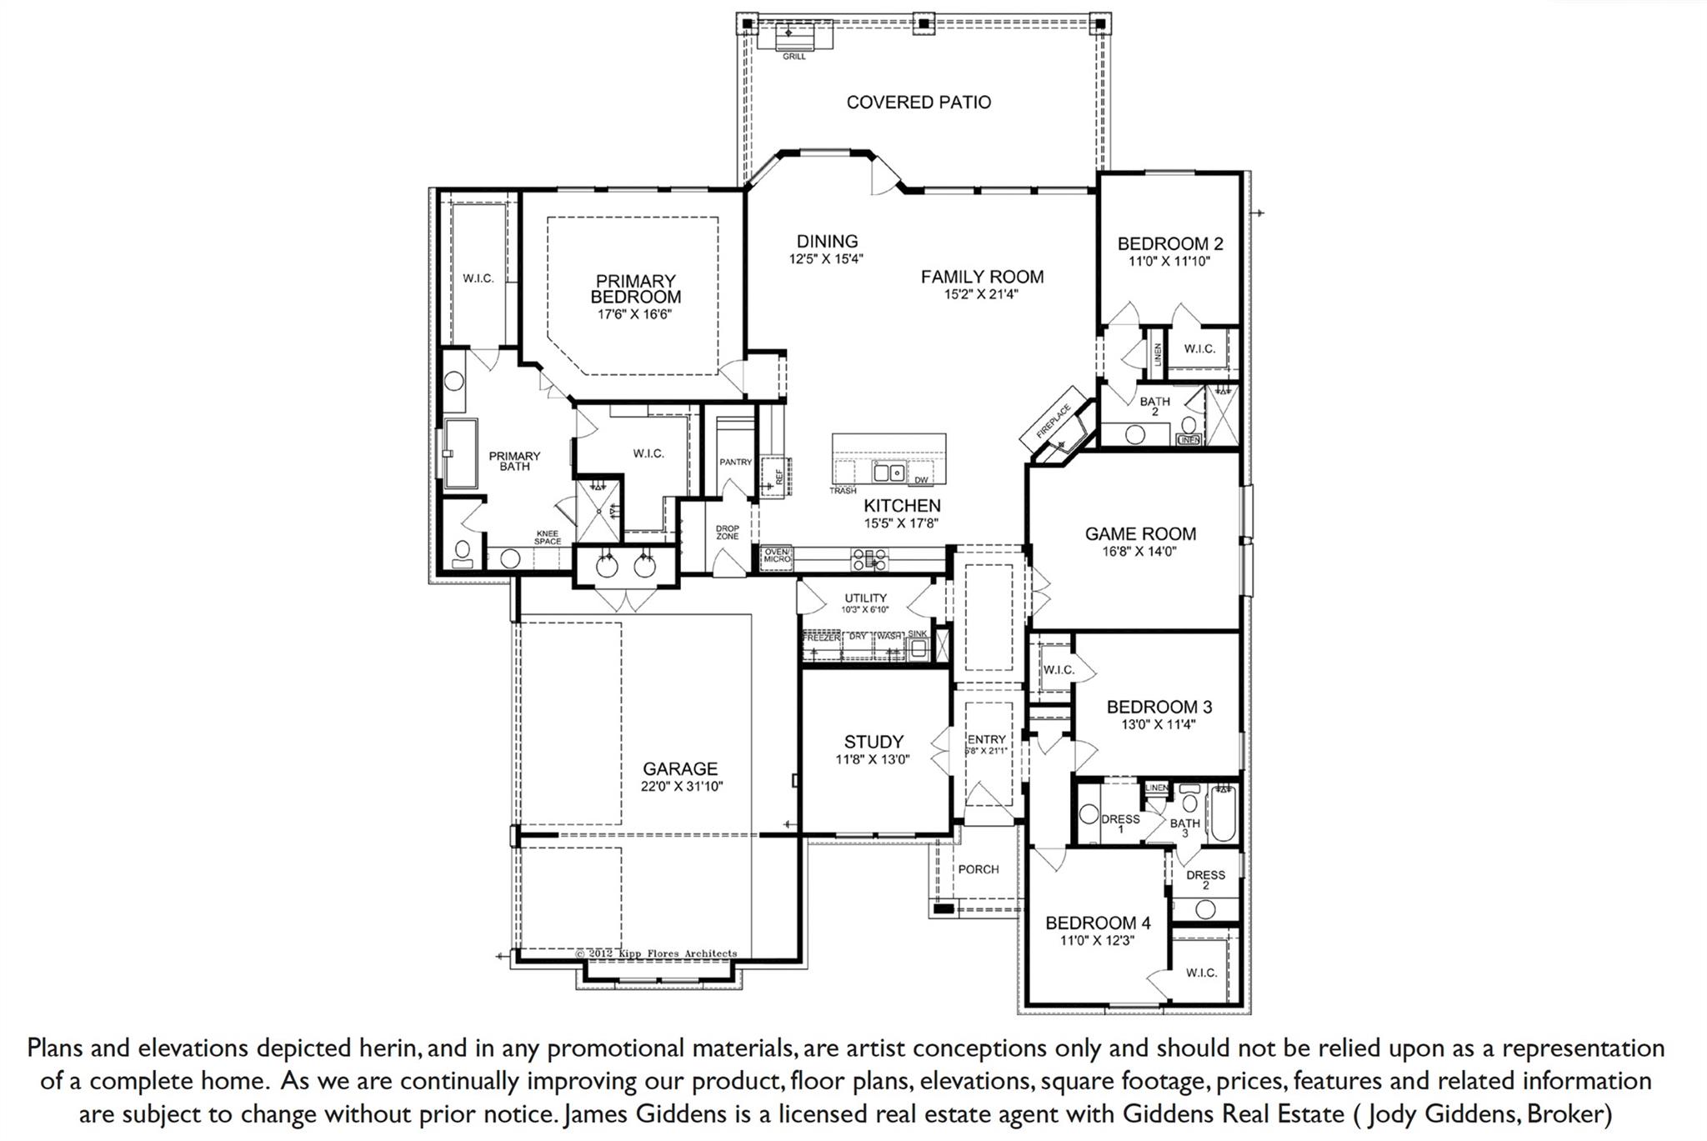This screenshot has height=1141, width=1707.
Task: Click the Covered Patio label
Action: (919, 103)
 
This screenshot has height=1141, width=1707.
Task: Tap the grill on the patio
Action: (793, 38)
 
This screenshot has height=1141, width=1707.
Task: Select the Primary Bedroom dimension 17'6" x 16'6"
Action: (634, 315)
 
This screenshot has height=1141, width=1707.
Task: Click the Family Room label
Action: (982, 277)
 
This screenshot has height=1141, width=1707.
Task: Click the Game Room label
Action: (1140, 534)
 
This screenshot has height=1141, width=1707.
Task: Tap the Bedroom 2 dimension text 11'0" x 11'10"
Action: (1169, 262)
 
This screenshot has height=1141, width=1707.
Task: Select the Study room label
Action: (874, 742)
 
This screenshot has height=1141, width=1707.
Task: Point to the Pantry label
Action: (735, 462)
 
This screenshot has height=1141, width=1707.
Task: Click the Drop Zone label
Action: (727, 533)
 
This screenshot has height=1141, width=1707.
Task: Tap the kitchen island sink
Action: (889, 473)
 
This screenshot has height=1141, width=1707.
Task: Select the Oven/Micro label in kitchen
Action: (777, 555)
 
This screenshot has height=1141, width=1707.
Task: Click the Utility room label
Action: (865, 598)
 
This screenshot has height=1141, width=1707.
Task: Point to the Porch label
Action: (979, 869)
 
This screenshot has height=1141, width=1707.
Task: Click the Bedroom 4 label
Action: (1098, 923)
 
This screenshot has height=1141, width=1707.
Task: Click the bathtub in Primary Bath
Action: (459, 454)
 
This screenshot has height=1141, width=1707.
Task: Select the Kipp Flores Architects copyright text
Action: (657, 953)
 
